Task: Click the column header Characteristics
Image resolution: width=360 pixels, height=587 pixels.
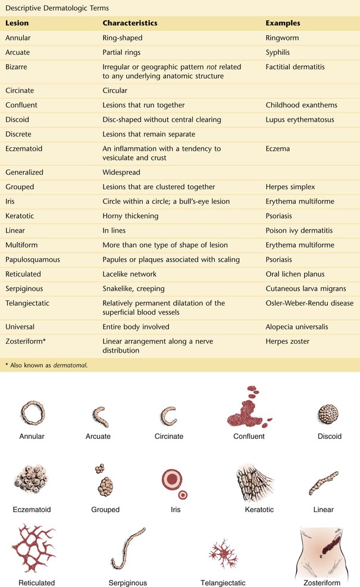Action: (x=130, y=23)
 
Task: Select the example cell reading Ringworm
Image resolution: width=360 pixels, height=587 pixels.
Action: (x=283, y=37)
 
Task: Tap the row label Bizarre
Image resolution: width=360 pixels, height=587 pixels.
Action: (x=17, y=67)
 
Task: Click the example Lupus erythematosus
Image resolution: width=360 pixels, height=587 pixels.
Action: (x=299, y=120)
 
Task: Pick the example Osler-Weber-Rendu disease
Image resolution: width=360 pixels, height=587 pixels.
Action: (x=309, y=303)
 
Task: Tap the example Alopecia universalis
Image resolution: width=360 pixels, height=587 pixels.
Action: (x=296, y=327)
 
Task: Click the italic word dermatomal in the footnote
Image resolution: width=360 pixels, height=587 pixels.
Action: (x=70, y=365)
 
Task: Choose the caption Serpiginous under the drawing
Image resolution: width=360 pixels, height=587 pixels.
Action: (x=128, y=583)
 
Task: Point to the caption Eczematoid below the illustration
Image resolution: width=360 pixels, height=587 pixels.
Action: (x=32, y=510)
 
